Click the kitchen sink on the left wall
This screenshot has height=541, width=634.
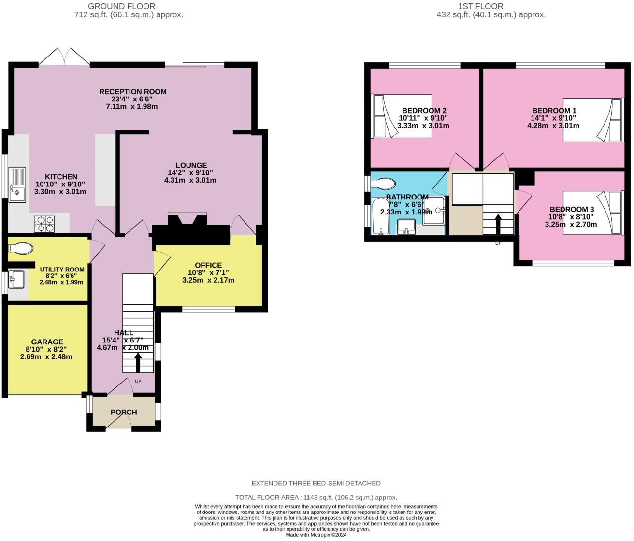point(17,184)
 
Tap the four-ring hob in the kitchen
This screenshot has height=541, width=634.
point(45,223)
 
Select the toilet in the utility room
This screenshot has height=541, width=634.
point(21,248)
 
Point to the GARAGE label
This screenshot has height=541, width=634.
point(47,342)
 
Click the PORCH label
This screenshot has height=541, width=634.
point(124,412)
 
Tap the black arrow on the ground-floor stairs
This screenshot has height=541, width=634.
point(138,362)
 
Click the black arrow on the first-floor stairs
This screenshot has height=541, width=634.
point(498,224)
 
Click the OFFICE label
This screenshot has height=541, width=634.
point(208,265)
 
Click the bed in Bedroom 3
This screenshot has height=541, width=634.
point(592,213)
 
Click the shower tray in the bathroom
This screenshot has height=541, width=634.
point(434,210)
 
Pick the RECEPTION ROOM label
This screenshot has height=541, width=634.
point(132,91)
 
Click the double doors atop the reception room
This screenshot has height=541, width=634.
point(64,56)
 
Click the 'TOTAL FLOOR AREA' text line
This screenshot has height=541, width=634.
point(316,497)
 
